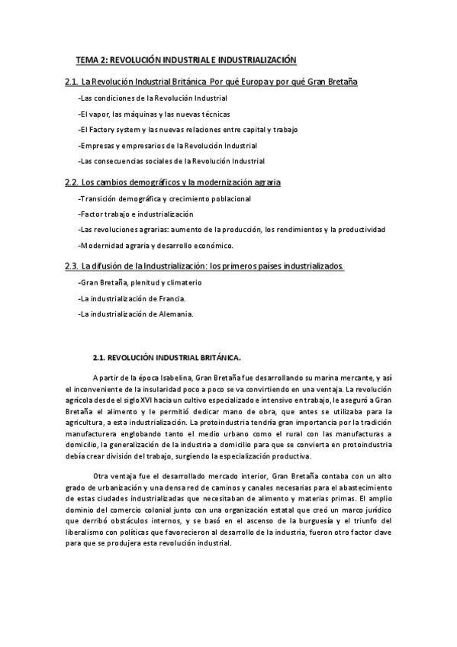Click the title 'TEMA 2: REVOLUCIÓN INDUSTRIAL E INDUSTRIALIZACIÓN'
click(185, 59)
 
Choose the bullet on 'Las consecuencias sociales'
click(172, 161)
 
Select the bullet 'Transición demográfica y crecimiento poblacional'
click(165, 198)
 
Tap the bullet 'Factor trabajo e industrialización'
click(136, 214)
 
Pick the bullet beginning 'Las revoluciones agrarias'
click(232, 230)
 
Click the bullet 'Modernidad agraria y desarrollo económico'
click(156, 246)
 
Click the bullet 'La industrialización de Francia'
click(131, 298)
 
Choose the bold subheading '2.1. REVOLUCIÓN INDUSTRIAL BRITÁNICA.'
click(166, 356)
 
